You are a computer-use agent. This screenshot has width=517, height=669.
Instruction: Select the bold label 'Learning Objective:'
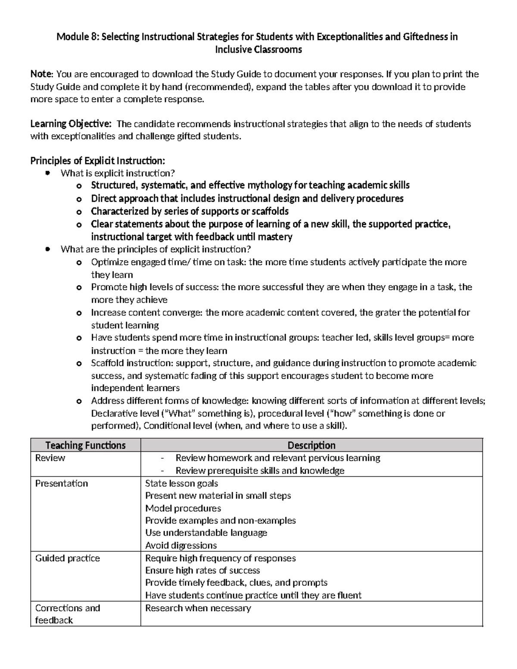coord(71,124)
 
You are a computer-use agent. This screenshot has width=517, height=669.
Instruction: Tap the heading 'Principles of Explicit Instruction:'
coord(97,161)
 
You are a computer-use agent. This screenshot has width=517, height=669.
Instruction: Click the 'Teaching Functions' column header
coord(85,445)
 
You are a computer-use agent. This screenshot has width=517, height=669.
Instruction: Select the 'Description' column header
coord(311,445)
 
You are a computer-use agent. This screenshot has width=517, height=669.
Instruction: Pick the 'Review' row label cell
coord(50,458)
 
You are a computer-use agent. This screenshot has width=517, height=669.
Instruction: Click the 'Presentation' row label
coord(62,483)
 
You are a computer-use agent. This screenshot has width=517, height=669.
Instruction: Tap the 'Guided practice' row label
coord(67,558)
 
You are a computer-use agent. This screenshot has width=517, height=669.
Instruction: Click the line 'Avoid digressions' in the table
coord(181,546)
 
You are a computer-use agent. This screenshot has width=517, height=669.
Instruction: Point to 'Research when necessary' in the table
coord(198,608)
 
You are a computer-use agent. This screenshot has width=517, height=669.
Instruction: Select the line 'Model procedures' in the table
coord(183,508)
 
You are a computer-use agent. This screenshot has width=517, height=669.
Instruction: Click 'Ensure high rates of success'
coord(202,571)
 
